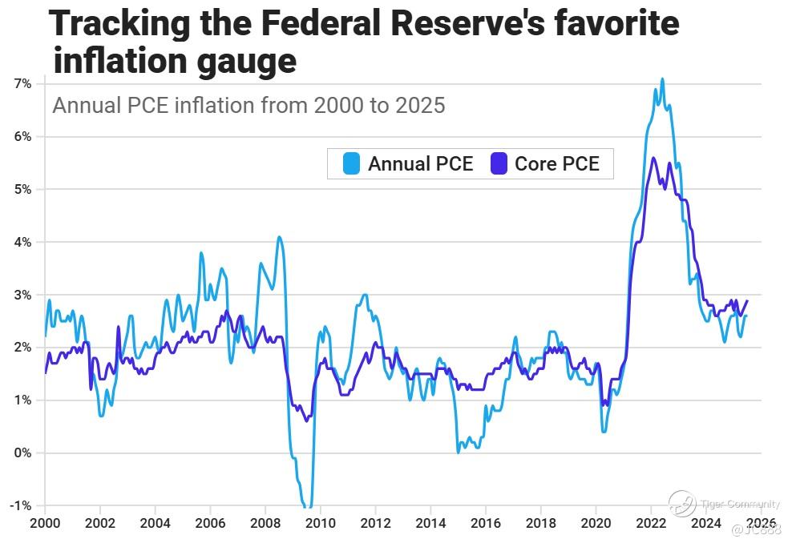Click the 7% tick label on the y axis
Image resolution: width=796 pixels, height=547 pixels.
22,84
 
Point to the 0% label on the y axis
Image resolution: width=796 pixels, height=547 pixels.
22,453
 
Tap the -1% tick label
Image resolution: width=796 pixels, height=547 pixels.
20,505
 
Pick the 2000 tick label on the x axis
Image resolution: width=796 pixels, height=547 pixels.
44,524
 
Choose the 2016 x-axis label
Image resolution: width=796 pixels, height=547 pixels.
486,524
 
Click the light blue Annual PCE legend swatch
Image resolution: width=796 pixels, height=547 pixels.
351,163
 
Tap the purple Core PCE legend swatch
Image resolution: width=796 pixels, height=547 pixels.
498,163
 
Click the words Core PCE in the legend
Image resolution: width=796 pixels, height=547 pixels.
556,163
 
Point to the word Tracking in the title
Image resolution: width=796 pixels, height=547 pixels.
119,24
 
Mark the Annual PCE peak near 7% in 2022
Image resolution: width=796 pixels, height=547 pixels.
662,79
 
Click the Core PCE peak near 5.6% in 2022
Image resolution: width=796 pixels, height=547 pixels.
653,158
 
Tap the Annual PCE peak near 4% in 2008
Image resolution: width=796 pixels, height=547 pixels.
279,237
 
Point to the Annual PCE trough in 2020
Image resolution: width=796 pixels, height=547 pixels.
604,431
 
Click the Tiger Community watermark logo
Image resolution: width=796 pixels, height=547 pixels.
681,503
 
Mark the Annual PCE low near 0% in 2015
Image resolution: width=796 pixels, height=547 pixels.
459,452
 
